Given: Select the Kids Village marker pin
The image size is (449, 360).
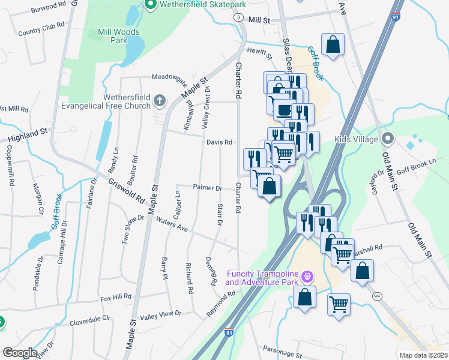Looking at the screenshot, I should point(388,140).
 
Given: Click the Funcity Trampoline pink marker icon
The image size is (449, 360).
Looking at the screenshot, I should point(308,277).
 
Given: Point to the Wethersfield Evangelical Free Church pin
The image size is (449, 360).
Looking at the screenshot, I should point(160,101).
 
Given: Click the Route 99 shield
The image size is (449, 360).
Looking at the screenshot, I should point(377,296).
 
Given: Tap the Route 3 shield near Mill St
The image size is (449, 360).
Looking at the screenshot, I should point(239,18).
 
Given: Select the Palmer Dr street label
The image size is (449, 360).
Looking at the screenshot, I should point(208,187).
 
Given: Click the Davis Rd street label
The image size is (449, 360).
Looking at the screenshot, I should point(219,142).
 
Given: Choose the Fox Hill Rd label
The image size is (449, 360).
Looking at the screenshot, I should point(116,297).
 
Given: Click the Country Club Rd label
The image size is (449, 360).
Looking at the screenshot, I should point(41,29).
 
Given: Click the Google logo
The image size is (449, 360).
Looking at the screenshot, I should point(20,353).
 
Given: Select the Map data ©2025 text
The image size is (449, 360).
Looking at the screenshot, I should point(423,355).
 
